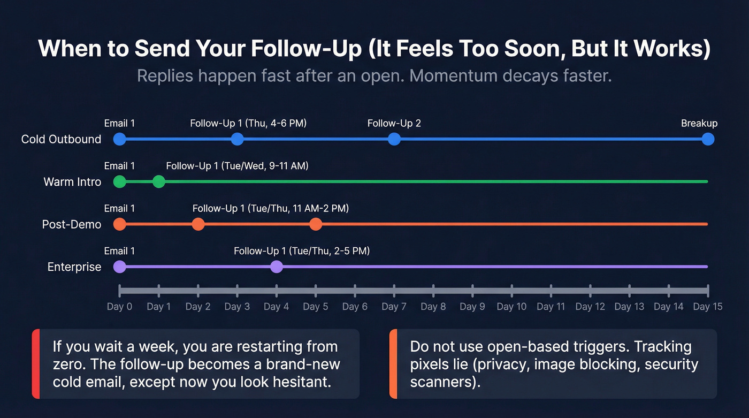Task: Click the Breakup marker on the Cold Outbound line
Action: (x=708, y=139)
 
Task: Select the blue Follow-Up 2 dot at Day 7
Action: (x=394, y=139)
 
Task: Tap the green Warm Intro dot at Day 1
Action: (x=159, y=181)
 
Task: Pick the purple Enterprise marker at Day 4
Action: (x=277, y=267)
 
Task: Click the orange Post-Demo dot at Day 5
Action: (x=316, y=224)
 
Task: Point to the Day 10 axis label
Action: (x=511, y=307)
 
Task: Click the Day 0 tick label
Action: (x=119, y=307)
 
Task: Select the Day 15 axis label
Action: (x=708, y=307)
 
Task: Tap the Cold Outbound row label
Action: (x=61, y=139)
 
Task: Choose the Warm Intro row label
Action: (x=72, y=182)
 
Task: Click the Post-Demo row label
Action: (x=72, y=224)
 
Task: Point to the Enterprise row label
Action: (x=74, y=267)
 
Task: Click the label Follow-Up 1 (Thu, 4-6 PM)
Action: (x=248, y=124)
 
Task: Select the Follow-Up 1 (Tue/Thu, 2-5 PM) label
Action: (x=302, y=251)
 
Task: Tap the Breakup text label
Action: (x=699, y=124)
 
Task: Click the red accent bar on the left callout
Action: (x=36, y=364)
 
